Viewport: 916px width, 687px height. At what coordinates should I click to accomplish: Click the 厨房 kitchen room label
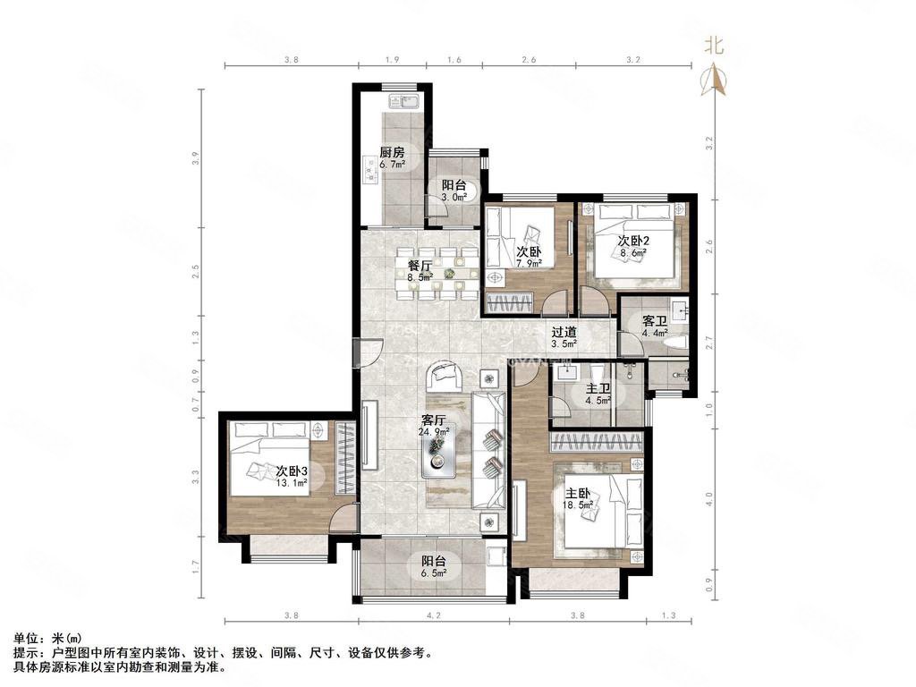coord(392,152)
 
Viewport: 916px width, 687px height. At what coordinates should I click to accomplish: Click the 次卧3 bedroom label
coord(292,471)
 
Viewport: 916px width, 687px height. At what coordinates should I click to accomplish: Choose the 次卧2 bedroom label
coord(632,242)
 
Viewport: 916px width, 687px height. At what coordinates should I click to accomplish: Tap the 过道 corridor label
coord(563,330)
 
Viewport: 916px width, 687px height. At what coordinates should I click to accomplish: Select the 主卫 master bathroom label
coord(598,389)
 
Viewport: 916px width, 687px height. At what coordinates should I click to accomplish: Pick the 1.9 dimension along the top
coord(392,60)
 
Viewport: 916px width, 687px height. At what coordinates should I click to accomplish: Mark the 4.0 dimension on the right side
coord(709,496)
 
